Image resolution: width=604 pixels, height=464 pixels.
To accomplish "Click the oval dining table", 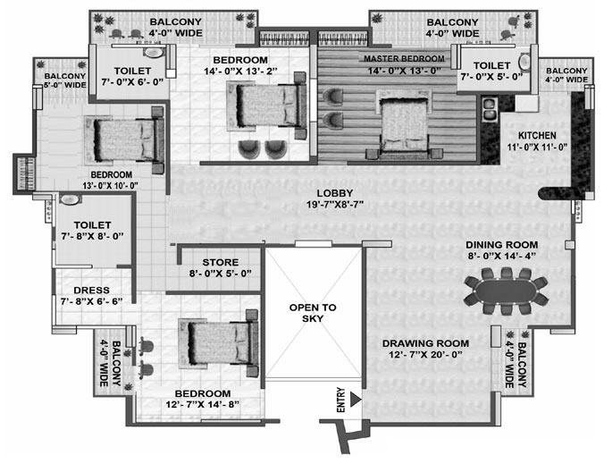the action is click(x=506, y=291).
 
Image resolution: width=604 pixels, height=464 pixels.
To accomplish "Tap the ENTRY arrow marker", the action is click(x=355, y=400).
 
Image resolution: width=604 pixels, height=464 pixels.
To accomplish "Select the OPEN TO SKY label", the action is click(x=313, y=313).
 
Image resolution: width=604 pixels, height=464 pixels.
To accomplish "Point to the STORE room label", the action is click(x=221, y=263).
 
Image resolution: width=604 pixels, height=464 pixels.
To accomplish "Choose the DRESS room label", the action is click(x=92, y=291).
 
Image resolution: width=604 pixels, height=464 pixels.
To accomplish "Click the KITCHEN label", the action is click(x=537, y=136).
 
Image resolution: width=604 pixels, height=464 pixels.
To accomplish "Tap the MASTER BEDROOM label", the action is click(x=404, y=59).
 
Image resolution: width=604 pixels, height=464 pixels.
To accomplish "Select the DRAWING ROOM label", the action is click(x=425, y=343).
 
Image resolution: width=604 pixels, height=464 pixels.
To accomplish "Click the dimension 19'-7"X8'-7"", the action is click(x=335, y=204).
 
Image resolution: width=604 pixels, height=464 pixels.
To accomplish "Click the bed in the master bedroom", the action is click(x=404, y=123).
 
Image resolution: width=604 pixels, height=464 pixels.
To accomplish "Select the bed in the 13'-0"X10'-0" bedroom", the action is click(x=124, y=139).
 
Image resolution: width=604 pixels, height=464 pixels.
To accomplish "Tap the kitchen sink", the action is click(x=489, y=109).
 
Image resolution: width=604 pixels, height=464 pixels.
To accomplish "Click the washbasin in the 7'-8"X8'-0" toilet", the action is click(x=70, y=199).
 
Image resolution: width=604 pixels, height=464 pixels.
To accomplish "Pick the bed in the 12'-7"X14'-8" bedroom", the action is click(x=218, y=343).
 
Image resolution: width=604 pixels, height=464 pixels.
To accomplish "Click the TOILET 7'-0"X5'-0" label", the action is click(x=491, y=71).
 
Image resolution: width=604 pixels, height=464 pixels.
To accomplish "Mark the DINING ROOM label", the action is click(x=502, y=245).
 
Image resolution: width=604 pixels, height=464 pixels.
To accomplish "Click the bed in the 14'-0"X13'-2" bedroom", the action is click(x=266, y=105).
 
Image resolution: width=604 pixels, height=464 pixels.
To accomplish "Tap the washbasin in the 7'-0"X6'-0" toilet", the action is click(x=154, y=53).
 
